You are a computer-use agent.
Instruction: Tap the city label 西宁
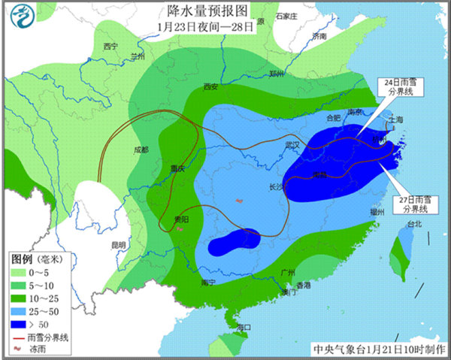[x=110, y=46]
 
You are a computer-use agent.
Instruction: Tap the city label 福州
[x=368, y=213]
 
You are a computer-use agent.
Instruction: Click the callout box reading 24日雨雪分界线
[x=398, y=89]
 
